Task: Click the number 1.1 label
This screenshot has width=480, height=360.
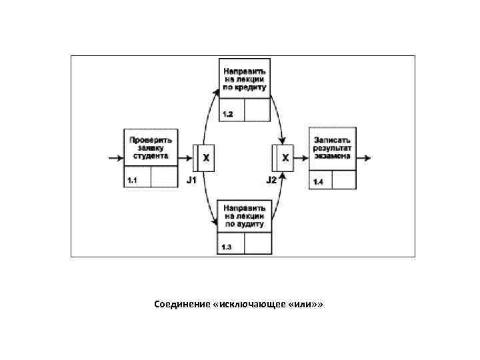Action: click(x=132, y=181)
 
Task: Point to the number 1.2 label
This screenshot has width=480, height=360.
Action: click(x=227, y=115)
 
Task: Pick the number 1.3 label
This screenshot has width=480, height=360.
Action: click(x=227, y=248)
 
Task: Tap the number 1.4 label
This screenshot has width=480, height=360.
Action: click(x=317, y=183)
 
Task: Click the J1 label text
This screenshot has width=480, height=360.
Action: click(x=191, y=181)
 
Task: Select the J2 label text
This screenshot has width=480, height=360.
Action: click(x=271, y=181)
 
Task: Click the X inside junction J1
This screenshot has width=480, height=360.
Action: click(x=206, y=158)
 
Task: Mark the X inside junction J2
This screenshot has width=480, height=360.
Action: click(x=285, y=158)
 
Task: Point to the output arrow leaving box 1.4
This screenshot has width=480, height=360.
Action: click(x=364, y=159)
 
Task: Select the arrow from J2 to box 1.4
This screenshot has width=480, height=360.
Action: click(x=301, y=159)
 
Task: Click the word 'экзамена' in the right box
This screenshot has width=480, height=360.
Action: click(x=332, y=157)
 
